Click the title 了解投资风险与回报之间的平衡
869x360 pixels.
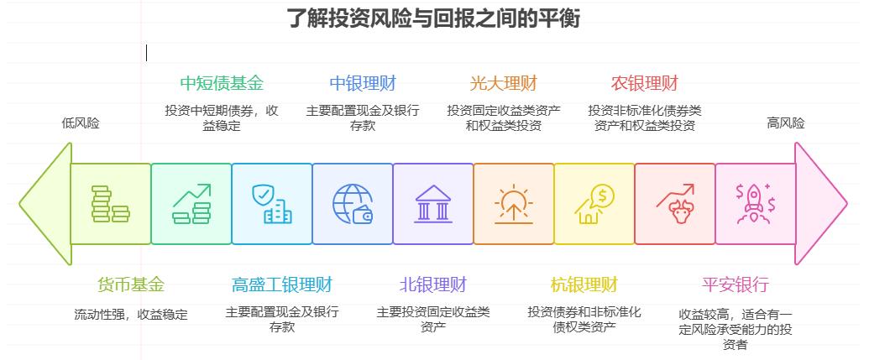pos(433,18)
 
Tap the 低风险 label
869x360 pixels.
pos(81,123)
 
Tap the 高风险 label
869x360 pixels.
pos(785,123)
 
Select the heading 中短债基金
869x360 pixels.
pos(222,83)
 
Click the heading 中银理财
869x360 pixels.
pos(362,83)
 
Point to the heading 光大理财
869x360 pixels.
pos(503,83)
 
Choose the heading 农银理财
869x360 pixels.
pos(644,83)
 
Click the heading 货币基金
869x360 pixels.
pos(131,284)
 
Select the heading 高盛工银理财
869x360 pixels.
pos(281,284)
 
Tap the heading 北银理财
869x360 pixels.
pos(433,284)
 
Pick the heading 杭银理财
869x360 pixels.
pos(584,284)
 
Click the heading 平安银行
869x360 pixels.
pos(735,284)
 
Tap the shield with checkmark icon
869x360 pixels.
pos(271,204)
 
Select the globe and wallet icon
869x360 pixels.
pos(353,204)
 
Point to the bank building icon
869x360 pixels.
pos(433,204)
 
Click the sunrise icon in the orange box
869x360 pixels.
pos(513,204)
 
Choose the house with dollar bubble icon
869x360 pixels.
pos(594,204)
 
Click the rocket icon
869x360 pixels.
pos(755,204)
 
